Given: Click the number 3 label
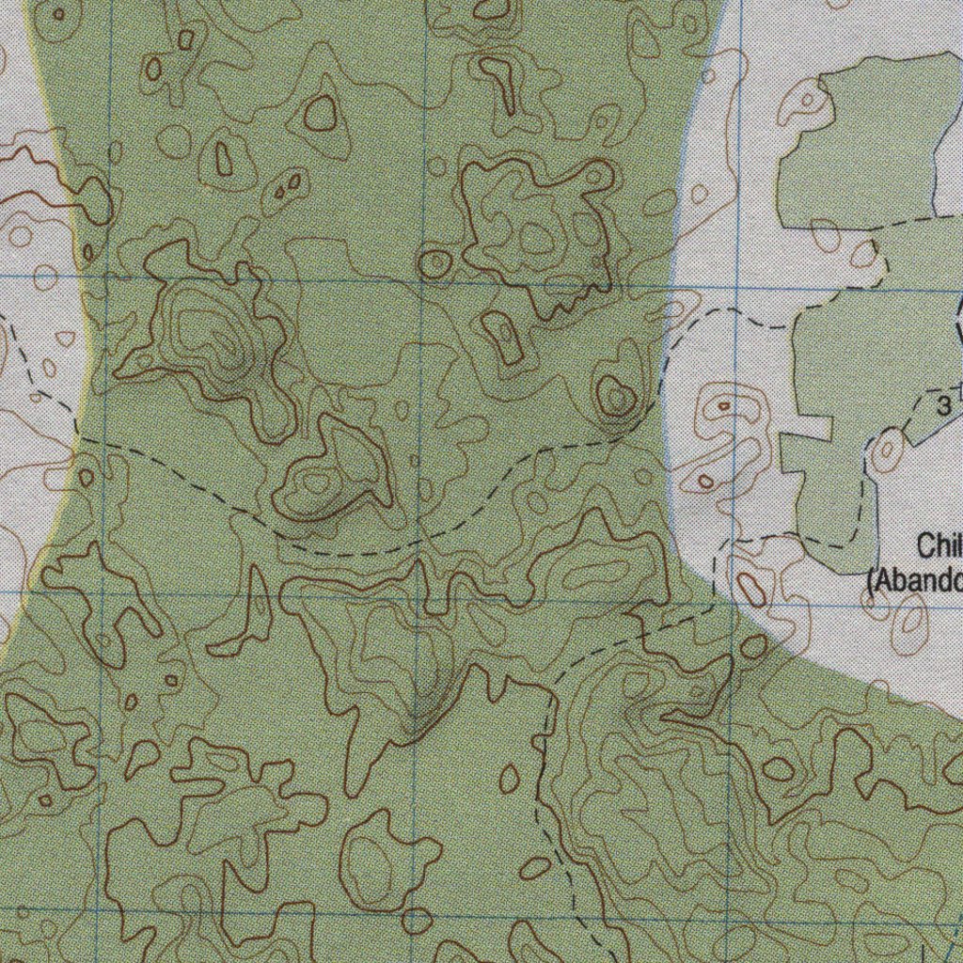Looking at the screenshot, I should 943,405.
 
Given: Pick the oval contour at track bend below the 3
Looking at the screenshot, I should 887,452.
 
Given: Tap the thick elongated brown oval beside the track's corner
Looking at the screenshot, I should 750,589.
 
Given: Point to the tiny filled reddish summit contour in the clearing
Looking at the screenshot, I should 724,406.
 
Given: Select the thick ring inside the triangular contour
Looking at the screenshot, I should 321,113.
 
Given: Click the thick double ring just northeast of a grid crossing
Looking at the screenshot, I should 434,264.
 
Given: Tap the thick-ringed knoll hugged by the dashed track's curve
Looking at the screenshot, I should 615,396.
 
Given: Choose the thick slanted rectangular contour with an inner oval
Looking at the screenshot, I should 503,337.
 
